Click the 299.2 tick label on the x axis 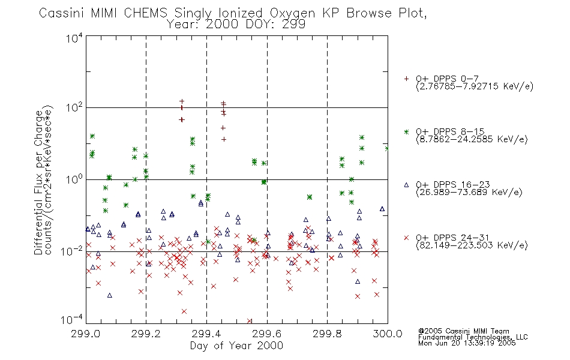click(146, 334)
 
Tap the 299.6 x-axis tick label click(266, 334)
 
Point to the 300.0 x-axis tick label click(388, 334)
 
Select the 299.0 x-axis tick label click(85, 334)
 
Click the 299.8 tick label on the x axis click(327, 334)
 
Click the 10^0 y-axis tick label click(74, 179)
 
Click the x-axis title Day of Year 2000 click(236, 346)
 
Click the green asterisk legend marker click(406, 132)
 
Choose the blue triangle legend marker click(406, 185)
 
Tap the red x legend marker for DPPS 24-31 click(406, 238)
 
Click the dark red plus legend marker click(406, 79)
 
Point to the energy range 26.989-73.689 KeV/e click(469, 192)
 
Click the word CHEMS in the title click(145, 13)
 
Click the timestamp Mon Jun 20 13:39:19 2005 click(467, 343)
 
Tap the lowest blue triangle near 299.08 click(110, 295)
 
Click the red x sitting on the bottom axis click(250, 321)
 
